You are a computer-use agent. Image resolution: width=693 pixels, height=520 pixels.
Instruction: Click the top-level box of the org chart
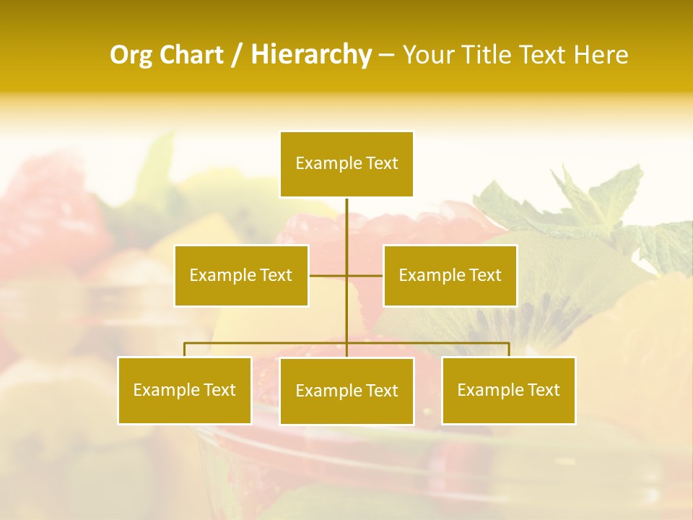pyautogui.click(x=346, y=164)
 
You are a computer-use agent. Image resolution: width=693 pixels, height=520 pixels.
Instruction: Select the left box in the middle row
pyautogui.click(x=241, y=275)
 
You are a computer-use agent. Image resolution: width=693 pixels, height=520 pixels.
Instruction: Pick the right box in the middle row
pyautogui.click(x=450, y=275)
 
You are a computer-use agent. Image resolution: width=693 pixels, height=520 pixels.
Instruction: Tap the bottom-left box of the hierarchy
pyautogui.click(x=185, y=390)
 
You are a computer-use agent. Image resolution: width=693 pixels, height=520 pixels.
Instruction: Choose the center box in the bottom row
pyautogui.click(x=346, y=391)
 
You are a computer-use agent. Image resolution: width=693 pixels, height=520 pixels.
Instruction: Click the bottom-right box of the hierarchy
pyautogui.click(x=509, y=390)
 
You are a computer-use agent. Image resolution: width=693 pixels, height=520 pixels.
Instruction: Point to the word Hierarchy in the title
pyautogui.click(x=310, y=55)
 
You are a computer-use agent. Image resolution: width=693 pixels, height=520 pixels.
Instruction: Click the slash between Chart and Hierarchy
pyautogui.click(x=237, y=56)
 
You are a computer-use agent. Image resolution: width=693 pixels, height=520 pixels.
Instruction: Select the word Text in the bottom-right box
pyautogui.click(x=542, y=390)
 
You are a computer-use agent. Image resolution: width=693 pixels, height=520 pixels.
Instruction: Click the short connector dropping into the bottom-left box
pyautogui.click(x=185, y=350)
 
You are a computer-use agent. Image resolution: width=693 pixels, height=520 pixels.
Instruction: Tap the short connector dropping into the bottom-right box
pyautogui.click(x=509, y=350)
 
